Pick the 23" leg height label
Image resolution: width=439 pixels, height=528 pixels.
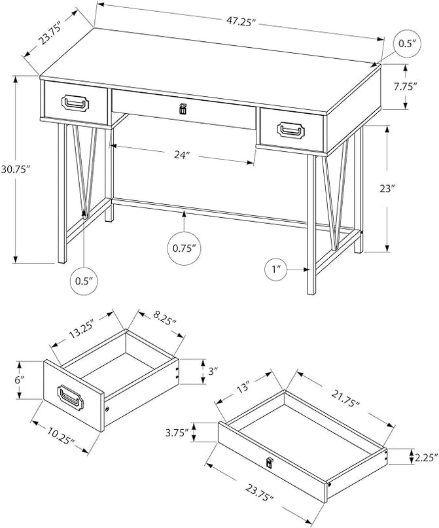coord(387,189)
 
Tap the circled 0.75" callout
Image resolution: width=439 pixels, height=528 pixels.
coord(184,248)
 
